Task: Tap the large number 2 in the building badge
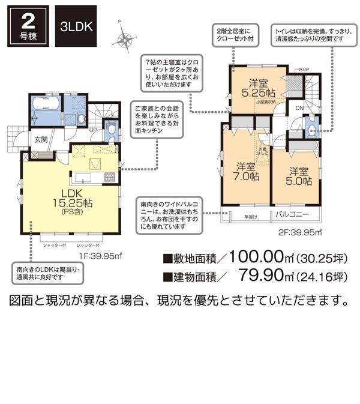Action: click(27, 23)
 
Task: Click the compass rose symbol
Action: click(127, 40)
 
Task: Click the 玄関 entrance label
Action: click(40, 139)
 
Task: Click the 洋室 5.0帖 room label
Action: click(298, 175)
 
